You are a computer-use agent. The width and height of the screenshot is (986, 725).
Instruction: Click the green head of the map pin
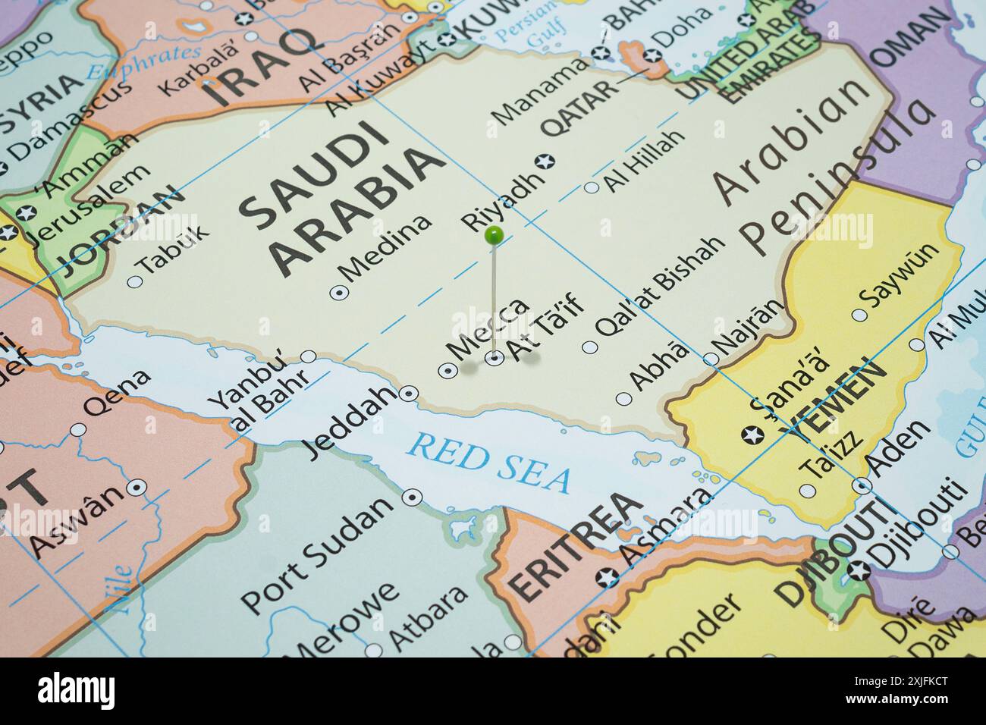click(x=495, y=235)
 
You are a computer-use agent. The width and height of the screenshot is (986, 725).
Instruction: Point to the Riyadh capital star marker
click(x=545, y=162)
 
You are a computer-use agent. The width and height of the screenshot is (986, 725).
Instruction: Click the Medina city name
click(x=387, y=246)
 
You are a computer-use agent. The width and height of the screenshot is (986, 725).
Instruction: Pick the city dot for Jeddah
click(x=410, y=393)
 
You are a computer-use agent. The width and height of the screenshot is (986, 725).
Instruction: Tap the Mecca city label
click(x=488, y=328)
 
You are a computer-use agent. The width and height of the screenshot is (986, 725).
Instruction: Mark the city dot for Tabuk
click(x=136, y=281)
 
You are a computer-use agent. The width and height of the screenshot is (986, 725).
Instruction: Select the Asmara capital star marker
click(x=606, y=579)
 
